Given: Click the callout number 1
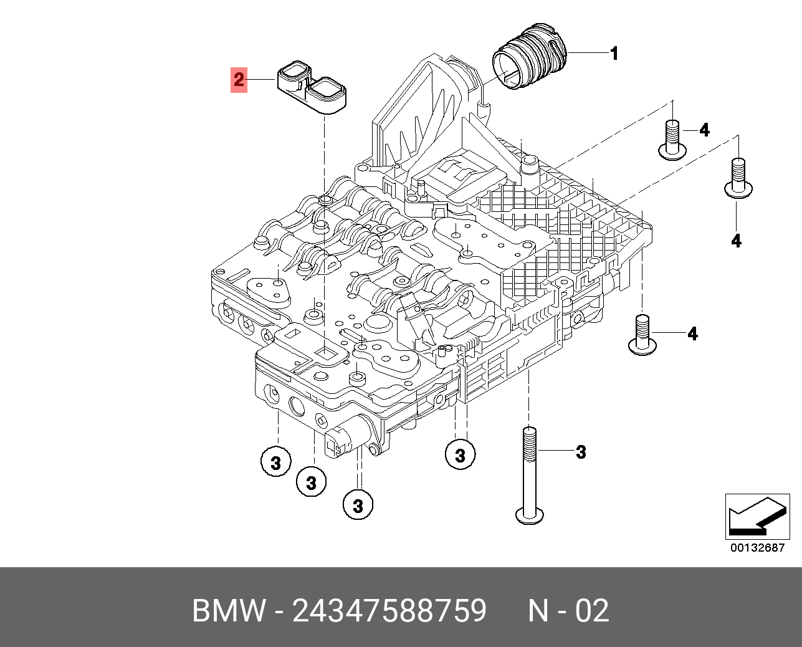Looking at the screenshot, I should pos(614,54).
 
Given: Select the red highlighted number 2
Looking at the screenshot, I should pos(239,80).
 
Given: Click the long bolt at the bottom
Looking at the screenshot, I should pos(529,474).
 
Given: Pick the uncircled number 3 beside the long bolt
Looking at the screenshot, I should pos(581,451).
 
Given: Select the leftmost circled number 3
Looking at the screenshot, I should pos(275,462).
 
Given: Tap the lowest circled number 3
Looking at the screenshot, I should pos(358,505).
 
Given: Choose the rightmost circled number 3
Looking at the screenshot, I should pos(460,455).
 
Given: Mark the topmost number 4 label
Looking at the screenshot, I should pos(704,130).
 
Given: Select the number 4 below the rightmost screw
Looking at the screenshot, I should pos(736,241).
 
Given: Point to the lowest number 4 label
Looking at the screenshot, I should pos(692,334).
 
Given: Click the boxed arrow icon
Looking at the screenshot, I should pos(757,517).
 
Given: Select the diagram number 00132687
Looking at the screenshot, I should pos(757,548).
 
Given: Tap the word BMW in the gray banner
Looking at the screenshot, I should pos(229,611).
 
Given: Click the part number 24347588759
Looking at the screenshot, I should pos(389,611).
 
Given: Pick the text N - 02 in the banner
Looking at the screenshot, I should pos(568,611).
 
